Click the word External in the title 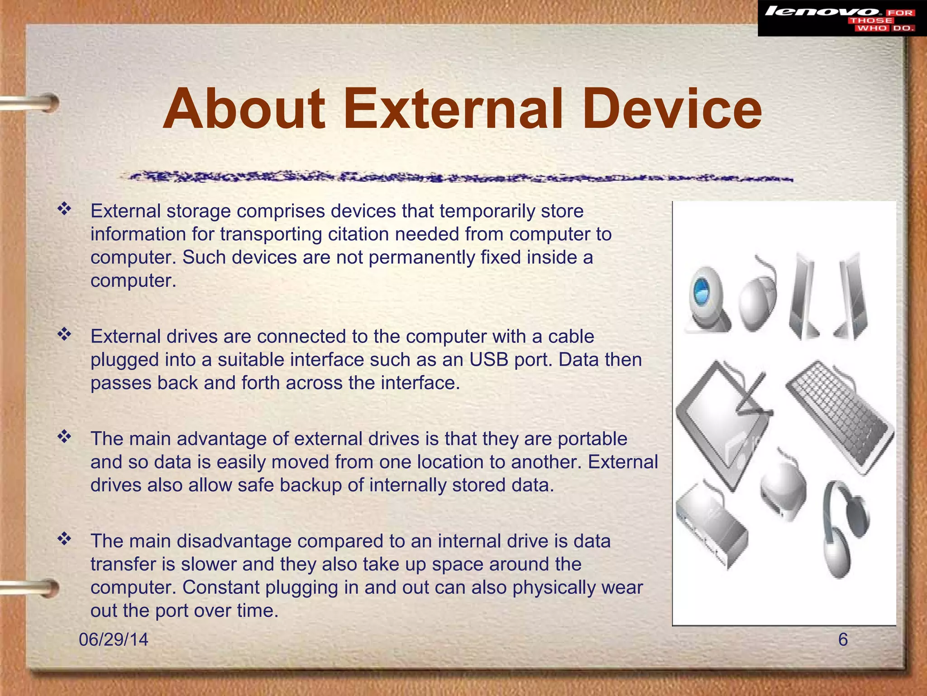pos(453,110)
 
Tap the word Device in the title pos(672,110)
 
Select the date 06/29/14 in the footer pos(113,639)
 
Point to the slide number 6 pos(843,639)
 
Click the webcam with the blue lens pos(706,300)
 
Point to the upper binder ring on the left pos(32,103)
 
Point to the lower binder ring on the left pos(32,588)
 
